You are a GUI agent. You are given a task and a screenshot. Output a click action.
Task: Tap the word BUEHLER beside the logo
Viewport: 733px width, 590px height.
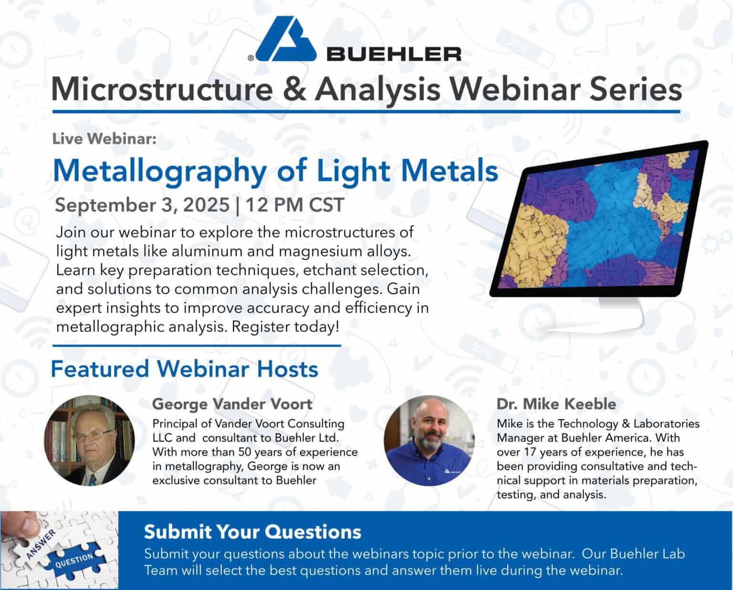394,54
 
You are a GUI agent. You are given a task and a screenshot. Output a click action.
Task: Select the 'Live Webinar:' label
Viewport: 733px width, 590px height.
104,139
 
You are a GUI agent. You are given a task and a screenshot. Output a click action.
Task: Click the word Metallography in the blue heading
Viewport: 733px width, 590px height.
160,172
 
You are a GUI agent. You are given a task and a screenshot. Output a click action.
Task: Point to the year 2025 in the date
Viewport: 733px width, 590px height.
207,205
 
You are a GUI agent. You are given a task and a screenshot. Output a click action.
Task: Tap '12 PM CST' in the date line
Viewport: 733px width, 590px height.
294,205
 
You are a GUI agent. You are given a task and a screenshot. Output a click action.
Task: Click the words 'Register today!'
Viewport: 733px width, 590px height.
285,327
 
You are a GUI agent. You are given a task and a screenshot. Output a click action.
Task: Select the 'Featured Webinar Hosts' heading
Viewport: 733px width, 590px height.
184,369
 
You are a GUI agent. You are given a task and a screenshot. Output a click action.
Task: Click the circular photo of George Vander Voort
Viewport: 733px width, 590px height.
90,440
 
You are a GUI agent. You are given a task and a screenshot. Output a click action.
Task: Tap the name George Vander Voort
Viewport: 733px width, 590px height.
232,404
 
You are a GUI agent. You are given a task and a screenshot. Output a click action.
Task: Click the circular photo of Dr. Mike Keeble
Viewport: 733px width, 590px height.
429,440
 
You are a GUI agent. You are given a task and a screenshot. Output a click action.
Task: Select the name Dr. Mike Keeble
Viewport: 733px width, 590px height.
556,404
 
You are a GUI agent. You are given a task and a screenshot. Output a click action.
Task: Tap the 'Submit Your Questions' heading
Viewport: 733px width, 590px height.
252,532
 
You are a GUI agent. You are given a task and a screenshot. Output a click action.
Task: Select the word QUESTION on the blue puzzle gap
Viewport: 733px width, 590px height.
74,560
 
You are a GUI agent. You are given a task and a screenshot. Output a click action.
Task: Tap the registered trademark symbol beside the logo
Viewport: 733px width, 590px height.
251,58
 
